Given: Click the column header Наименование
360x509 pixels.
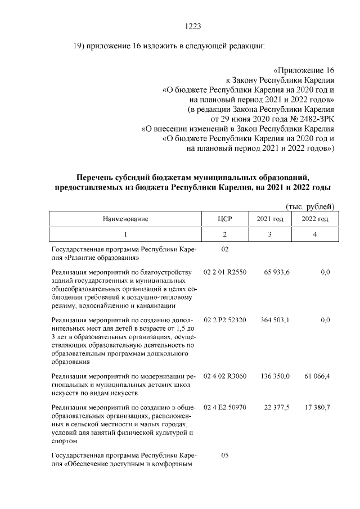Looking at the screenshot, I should [x=125, y=218].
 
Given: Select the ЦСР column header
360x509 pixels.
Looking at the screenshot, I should [x=224, y=218].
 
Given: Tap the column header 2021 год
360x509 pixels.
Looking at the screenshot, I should [x=269, y=218].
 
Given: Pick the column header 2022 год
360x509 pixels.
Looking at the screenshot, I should [x=315, y=218].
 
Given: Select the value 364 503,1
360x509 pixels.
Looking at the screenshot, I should [x=275, y=320].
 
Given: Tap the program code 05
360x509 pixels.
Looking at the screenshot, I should [x=224, y=455].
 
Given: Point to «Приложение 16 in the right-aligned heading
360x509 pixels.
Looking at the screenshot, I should [x=303, y=71].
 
